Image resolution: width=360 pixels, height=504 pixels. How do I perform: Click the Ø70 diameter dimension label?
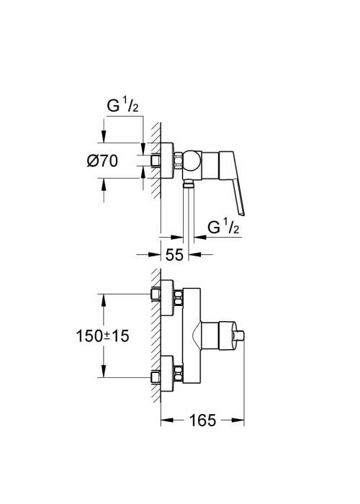click(102, 161)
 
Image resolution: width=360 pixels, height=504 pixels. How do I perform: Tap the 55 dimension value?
click(174, 255)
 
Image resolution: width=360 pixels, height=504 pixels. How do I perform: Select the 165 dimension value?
click(202, 420)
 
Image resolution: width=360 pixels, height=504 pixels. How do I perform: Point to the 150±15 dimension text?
click(102, 336)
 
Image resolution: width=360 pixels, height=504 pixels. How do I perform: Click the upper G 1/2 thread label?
click(122, 106)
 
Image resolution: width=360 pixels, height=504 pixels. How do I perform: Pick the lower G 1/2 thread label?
click(224, 228)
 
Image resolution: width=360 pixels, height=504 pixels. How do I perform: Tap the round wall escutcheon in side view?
click(167, 161)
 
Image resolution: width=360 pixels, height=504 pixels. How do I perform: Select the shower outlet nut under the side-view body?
click(188, 184)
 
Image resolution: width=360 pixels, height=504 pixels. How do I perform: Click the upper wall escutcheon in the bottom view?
click(168, 297)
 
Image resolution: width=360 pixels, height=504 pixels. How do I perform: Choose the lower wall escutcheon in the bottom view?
click(168, 374)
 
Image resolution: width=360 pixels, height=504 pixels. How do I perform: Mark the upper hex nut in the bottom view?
click(179, 297)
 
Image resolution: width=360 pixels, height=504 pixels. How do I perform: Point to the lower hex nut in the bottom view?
click(179, 374)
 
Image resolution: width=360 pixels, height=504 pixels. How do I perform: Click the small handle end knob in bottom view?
click(239, 336)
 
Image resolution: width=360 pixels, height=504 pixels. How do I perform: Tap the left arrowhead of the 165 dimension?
click(167, 420)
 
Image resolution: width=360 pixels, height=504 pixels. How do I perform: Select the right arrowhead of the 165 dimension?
click(238, 420)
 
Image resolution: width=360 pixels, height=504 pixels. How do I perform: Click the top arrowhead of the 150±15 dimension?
click(103, 300)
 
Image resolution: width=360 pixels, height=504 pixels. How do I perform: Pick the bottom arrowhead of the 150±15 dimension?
click(103, 372)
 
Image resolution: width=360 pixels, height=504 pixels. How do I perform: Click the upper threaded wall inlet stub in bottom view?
click(156, 294)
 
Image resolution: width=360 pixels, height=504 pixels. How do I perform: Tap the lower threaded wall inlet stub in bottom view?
click(156, 378)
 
